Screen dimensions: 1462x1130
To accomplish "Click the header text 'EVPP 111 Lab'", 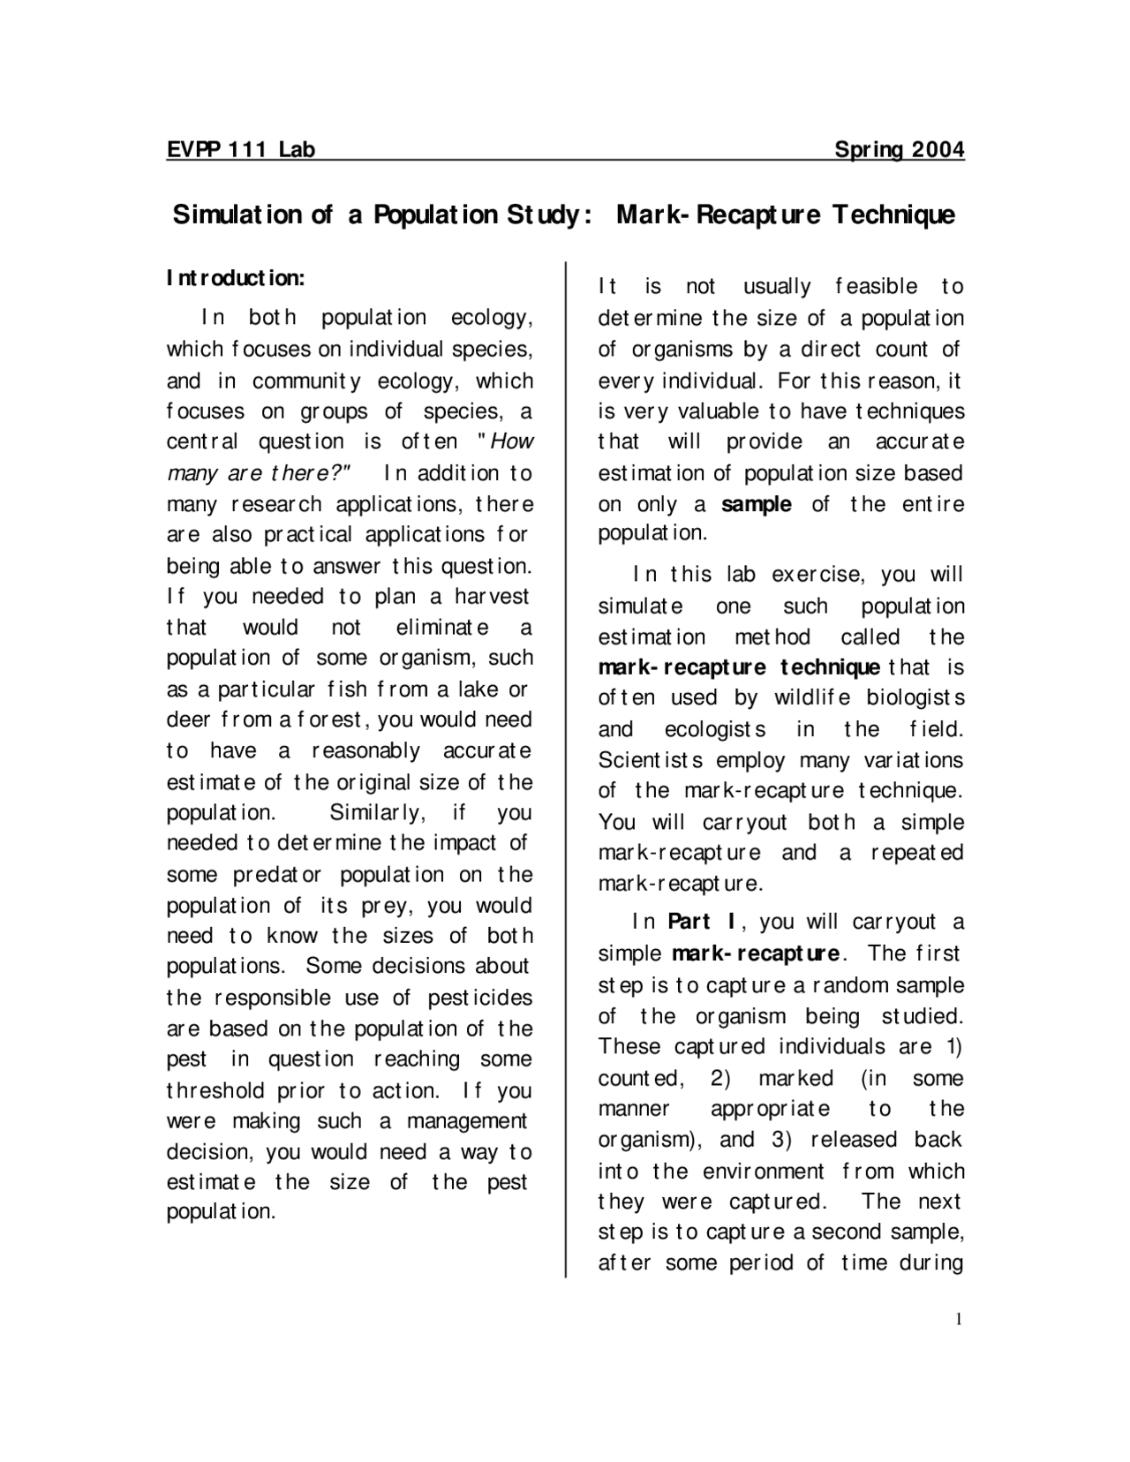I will coord(240,149).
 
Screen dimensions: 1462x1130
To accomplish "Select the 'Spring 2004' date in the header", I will coord(899,149).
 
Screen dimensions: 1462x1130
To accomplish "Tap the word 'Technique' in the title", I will coord(893,215).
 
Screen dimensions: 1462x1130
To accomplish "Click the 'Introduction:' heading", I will coord(236,279).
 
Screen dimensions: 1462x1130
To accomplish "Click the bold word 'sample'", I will coord(756,505).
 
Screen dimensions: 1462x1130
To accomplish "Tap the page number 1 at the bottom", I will coord(959,1320).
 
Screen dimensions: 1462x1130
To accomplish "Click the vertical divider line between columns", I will coord(565,768).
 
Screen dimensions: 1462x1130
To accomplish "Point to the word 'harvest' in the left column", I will coord(491,597).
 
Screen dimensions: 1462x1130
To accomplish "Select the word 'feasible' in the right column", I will coord(876,287).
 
